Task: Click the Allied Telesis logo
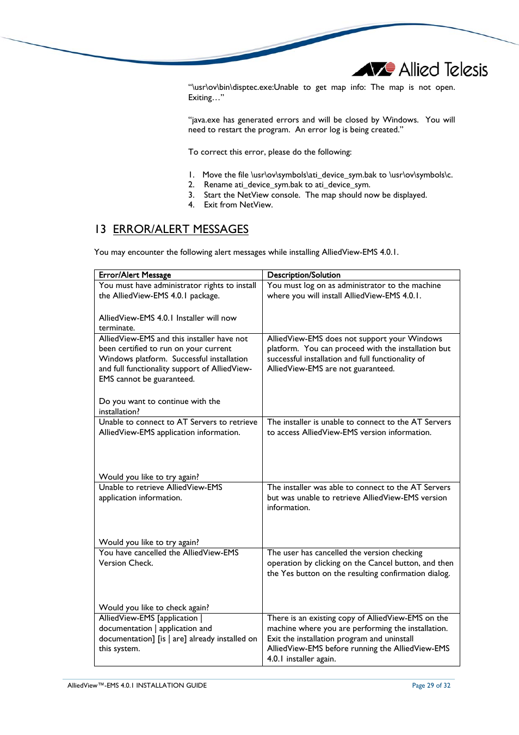coord(420,70)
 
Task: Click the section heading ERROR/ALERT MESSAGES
coord(180,229)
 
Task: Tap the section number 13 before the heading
coord(100,229)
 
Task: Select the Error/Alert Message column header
coord(135,275)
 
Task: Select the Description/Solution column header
coord(304,275)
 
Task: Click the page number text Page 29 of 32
coord(431,685)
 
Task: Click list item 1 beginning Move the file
coord(326,175)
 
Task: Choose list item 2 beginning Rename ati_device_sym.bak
coord(286,185)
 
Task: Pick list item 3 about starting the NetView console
coord(315,195)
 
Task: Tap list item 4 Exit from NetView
coord(238,205)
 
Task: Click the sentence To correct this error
coord(270,152)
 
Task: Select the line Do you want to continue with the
coord(159,401)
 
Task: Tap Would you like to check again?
coord(154,608)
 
